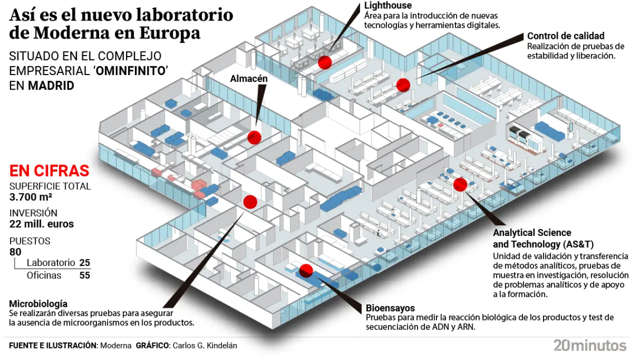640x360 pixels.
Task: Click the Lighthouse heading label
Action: pyautogui.click(x=388, y=5)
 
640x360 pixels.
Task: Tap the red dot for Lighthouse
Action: pyautogui.click(x=325, y=62)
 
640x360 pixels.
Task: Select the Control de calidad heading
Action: pyautogui.click(x=565, y=36)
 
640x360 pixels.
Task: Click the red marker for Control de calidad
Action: pyautogui.click(x=403, y=85)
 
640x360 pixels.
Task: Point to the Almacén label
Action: pyautogui.click(x=249, y=78)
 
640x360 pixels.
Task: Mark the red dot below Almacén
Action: pyautogui.click(x=254, y=137)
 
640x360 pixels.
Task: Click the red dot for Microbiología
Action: pyautogui.click(x=250, y=201)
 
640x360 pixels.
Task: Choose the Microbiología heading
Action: pyautogui.click(x=38, y=304)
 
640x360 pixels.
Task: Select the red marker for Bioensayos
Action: pyautogui.click(x=306, y=270)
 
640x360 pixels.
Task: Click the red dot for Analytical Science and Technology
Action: pyautogui.click(x=460, y=184)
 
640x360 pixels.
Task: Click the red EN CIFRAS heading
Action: pyautogui.click(x=49, y=171)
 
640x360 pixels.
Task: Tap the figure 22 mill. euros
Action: pyautogui.click(x=41, y=224)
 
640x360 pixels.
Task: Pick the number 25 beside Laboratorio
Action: pyautogui.click(x=84, y=262)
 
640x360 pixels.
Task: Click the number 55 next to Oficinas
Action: pyautogui.click(x=84, y=275)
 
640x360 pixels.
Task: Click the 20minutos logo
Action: pyautogui.click(x=589, y=345)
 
